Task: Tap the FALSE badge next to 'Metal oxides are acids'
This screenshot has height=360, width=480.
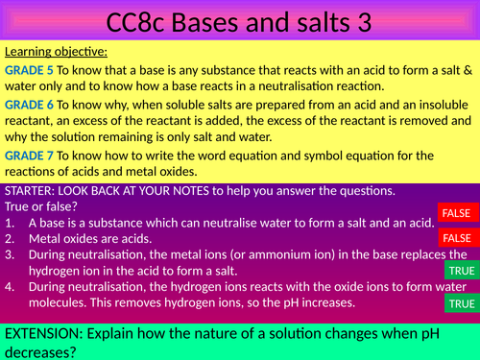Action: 456,236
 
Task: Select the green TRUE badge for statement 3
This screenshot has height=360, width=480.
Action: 462,272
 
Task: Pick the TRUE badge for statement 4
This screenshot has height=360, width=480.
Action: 462,304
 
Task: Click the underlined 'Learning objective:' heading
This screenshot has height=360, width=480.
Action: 56,51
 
